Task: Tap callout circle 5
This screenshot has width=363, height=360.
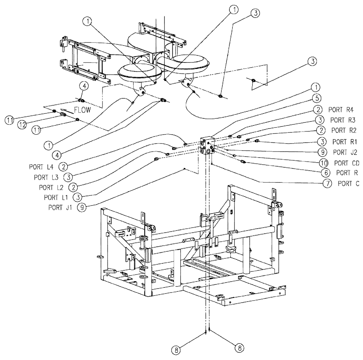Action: pyautogui.click(x=316, y=98)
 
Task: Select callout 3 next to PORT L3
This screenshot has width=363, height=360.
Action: pyautogui.click(x=68, y=177)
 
